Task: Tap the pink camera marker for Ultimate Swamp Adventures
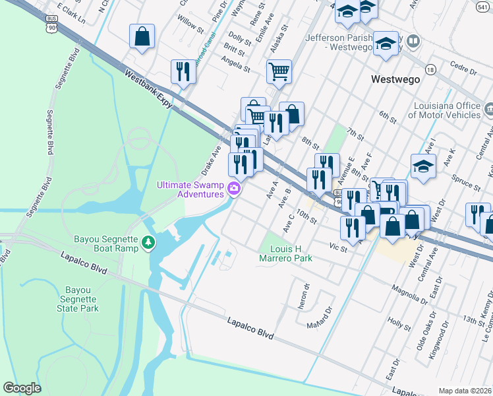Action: [x=233, y=190]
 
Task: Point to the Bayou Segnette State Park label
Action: [x=82, y=299]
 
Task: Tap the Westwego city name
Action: [x=395, y=79]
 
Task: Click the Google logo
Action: [x=22, y=388]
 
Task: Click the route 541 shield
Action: [x=483, y=5]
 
